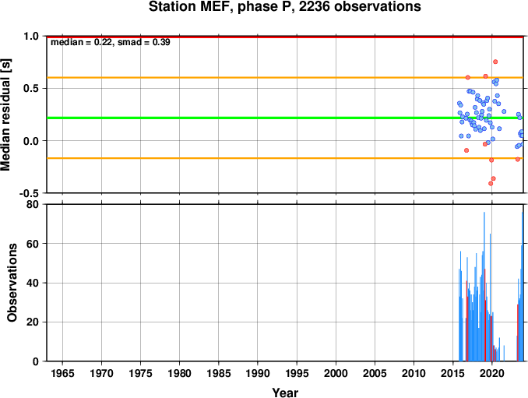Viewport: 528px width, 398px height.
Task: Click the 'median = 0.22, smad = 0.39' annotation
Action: coord(111,42)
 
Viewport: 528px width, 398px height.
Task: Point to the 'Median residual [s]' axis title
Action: coord(5,114)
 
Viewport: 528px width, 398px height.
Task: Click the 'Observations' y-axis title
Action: coord(12,283)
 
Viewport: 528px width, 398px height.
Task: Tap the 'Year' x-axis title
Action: coord(285,393)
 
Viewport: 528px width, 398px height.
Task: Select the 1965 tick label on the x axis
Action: coord(62,373)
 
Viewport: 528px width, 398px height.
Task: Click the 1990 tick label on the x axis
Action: coord(258,373)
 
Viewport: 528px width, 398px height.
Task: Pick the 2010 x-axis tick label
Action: coord(414,373)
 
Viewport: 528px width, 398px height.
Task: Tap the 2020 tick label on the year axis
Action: coord(492,373)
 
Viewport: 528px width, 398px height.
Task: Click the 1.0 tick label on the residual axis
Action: coord(31,36)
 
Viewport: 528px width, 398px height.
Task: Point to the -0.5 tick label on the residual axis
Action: coord(29,193)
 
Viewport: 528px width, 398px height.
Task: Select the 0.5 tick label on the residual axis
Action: coord(31,89)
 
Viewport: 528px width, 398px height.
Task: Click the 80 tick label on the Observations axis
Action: coord(33,204)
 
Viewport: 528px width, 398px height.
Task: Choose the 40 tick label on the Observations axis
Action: coord(33,283)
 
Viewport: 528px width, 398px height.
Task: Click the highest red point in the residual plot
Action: coord(495,62)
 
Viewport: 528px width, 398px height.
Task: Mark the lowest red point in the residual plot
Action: coord(491,184)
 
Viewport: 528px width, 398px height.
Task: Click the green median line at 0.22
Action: coord(285,118)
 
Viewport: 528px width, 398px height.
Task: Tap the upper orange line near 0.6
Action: coord(285,78)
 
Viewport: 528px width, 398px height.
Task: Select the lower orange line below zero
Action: coord(285,158)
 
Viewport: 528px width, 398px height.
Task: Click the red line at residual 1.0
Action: coord(285,37)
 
